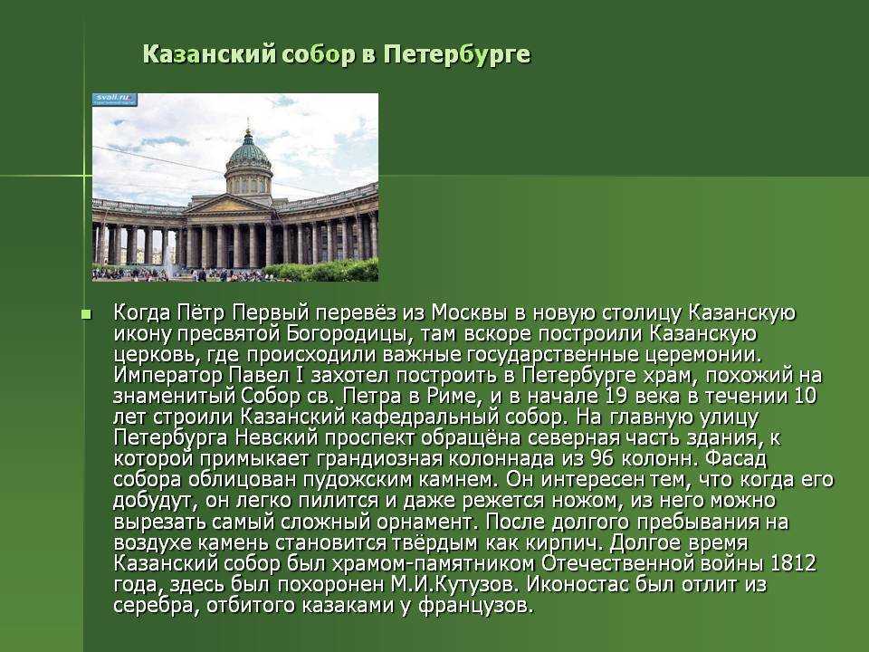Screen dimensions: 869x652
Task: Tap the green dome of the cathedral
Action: click(248, 149)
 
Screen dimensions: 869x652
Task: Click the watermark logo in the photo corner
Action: click(115, 100)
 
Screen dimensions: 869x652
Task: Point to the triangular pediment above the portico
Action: click(228, 205)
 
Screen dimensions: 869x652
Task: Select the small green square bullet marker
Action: click(86, 315)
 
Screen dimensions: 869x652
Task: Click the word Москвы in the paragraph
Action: click(470, 312)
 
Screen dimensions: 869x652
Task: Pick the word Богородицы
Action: click(351, 334)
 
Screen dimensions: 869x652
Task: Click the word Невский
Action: click(277, 438)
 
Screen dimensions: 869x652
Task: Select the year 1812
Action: click(793, 563)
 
